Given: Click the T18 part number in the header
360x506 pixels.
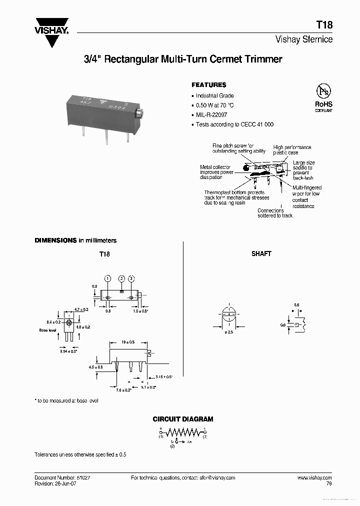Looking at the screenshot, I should pos(324,25).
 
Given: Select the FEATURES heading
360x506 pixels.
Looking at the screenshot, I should pos(209,85).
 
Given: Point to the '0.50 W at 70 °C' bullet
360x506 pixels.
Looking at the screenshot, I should pos(214,105).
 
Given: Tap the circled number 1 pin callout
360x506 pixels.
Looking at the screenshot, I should pos(107,278).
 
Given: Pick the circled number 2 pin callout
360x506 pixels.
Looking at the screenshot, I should pos(121,278).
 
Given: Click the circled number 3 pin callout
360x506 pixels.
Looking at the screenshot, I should pos(131,278).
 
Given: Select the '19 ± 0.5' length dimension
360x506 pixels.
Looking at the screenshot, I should pos(127,342).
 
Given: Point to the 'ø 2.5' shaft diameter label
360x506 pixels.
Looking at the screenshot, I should pos(229,332).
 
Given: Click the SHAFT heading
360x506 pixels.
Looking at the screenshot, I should pos(261,254).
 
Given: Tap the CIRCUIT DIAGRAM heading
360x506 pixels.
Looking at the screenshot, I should pos(183,419).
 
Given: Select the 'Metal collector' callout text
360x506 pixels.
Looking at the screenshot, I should pos(214,167).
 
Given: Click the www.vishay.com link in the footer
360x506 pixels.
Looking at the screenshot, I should pos(314,478).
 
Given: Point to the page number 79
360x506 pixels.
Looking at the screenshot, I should pos(328,484).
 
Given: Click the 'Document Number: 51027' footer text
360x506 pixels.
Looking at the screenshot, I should pos(62,478).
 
